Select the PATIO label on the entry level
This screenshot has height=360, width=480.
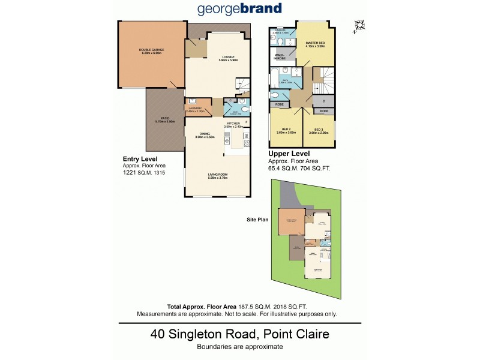click(x=164, y=119)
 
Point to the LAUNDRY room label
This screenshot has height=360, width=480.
click(x=195, y=109)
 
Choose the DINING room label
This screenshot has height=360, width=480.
click(x=205, y=136)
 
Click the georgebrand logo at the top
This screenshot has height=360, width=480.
click(x=240, y=10)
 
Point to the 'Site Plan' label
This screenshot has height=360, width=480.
click(x=257, y=220)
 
